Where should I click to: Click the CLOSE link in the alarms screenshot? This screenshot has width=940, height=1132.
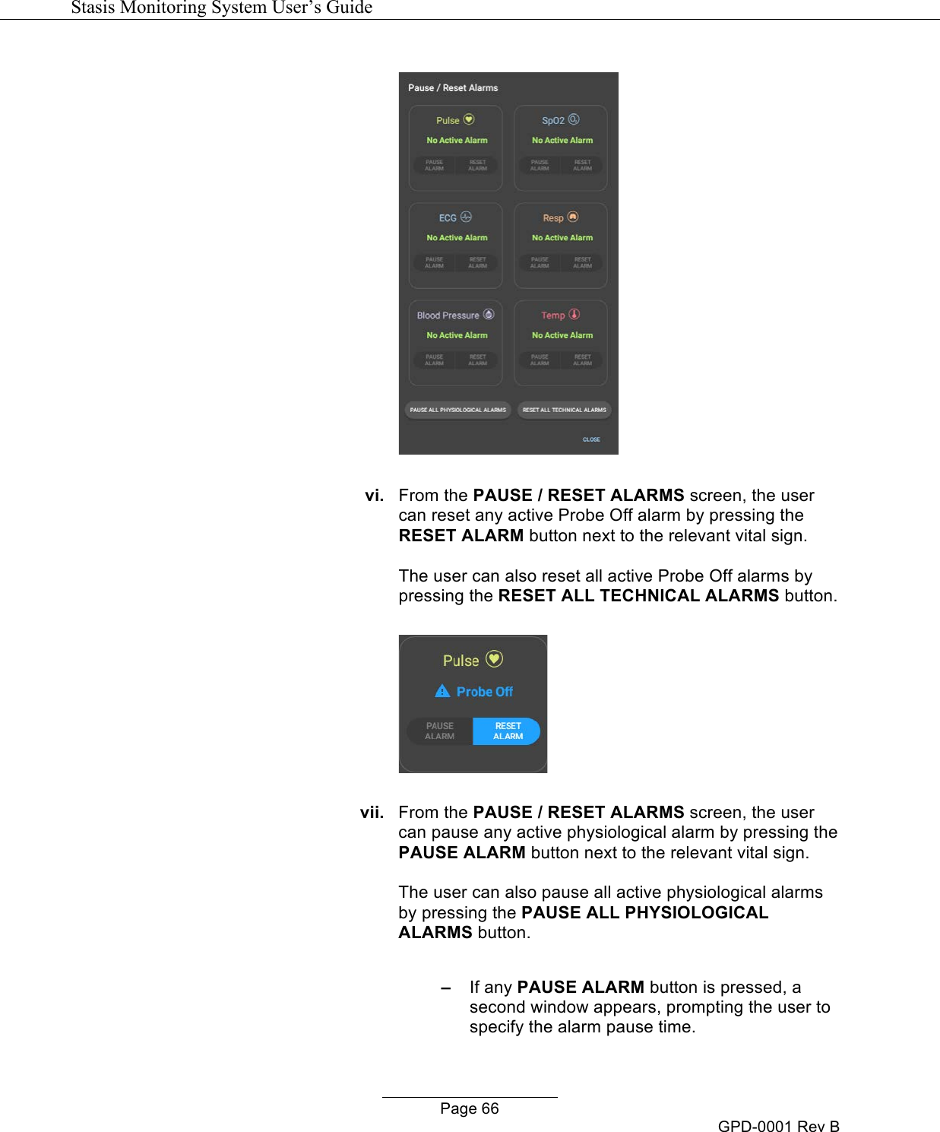(591, 439)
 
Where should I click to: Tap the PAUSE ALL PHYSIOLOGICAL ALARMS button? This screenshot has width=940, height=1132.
(457, 410)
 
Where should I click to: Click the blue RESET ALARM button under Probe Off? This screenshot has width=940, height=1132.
(508, 731)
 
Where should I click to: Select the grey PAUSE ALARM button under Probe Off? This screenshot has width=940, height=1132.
(440, 731)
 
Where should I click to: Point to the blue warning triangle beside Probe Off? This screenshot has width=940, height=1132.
(442, 691)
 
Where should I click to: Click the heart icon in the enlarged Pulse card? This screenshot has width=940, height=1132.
(494, 659)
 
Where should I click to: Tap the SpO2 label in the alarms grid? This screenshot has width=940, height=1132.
(552, 121)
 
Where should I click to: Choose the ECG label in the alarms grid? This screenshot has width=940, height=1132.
(448, 218)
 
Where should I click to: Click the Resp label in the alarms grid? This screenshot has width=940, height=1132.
(552, 218)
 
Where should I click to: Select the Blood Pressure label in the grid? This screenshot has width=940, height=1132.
(448, 316)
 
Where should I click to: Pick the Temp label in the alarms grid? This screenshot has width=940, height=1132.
(552, 316)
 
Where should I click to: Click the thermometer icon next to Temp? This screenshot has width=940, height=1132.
(574, 314)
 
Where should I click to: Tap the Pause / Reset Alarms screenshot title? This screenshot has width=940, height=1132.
(453, 88)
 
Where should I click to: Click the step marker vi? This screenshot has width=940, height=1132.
(374, 496)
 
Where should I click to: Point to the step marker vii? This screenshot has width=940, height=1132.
(372, 813)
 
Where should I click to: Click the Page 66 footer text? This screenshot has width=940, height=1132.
(470, 1108)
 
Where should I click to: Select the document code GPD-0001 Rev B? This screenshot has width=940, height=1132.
(778, 1126)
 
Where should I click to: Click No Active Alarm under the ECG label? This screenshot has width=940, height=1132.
(457, 238)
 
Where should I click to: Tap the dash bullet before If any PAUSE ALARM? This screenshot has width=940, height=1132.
(446, 988)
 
